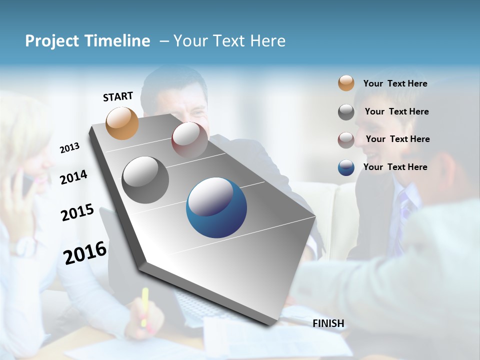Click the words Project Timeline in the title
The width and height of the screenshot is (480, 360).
[x=87, y=41]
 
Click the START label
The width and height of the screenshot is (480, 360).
[x=118, y=96]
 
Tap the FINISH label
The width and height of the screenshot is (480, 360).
[x=328, y=323]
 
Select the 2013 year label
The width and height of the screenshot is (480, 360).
[x=69, y=148]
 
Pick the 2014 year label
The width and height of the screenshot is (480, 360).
[x=73, y=177]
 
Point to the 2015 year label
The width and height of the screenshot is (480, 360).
[x=77, y=212]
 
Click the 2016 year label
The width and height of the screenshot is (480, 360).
[x=85, y=252]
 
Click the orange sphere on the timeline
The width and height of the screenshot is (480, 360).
[x=122, y=123]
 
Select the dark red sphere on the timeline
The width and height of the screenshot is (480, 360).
[x=189, y=139]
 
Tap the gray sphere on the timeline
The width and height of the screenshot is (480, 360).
[x=145, y=179]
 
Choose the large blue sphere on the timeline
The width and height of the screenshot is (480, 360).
[x=216, y=207]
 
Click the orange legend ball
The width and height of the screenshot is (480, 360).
[x=346, y=83]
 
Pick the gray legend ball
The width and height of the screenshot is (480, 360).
[x=346, y=112]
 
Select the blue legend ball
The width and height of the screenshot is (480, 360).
[x=346, y=167]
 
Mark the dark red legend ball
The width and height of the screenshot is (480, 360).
[x=346, y=139]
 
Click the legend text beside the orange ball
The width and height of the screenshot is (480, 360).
[x=395, y=83]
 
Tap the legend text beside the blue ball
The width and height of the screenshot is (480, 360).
[x=395, y=167]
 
